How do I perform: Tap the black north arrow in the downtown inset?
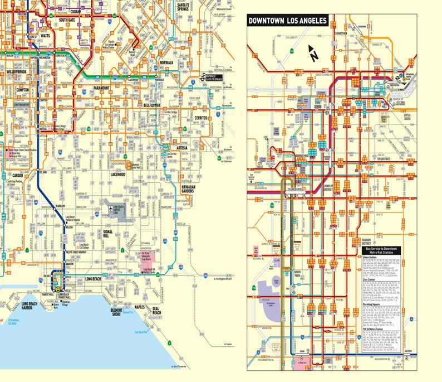pyautogui.click(x=313, y=54)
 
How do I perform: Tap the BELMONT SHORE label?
pyautogui.click(x=116, y=311)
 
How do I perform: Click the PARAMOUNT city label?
pyautogui.click(x=101, y=88)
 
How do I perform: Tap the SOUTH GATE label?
pyautogui.click(x=67, y=21)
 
